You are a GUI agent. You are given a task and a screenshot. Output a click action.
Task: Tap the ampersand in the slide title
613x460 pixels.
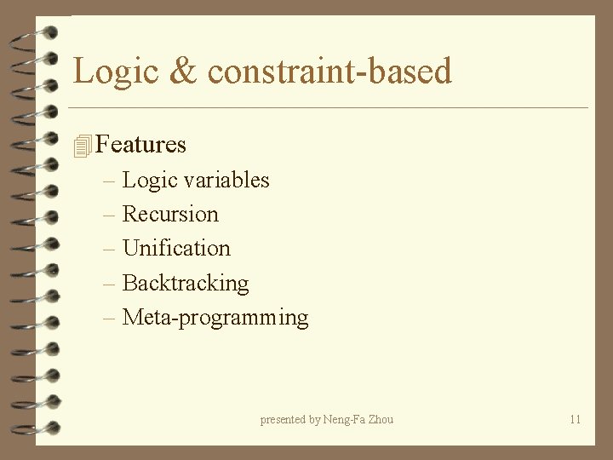coord(182,71)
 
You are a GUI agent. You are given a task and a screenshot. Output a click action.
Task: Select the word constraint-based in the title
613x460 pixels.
coord(329,71)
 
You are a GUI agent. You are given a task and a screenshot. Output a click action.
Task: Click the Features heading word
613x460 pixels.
coord(140,145)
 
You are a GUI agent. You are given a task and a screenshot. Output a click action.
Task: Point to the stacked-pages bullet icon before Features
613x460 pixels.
coord(82,146)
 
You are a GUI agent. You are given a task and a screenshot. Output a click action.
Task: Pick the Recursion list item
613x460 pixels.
coord(170,214)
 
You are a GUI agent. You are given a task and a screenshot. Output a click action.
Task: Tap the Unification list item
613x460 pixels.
coord(176,248)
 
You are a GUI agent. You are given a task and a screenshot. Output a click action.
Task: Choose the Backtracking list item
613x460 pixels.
coord(186,283)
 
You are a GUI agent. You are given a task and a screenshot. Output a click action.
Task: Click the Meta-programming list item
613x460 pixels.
coord(215,318)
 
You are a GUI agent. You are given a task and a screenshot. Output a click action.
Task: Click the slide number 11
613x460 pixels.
coord(575,419)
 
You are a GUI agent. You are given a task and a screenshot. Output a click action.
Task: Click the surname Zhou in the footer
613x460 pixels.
coord(381,419)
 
